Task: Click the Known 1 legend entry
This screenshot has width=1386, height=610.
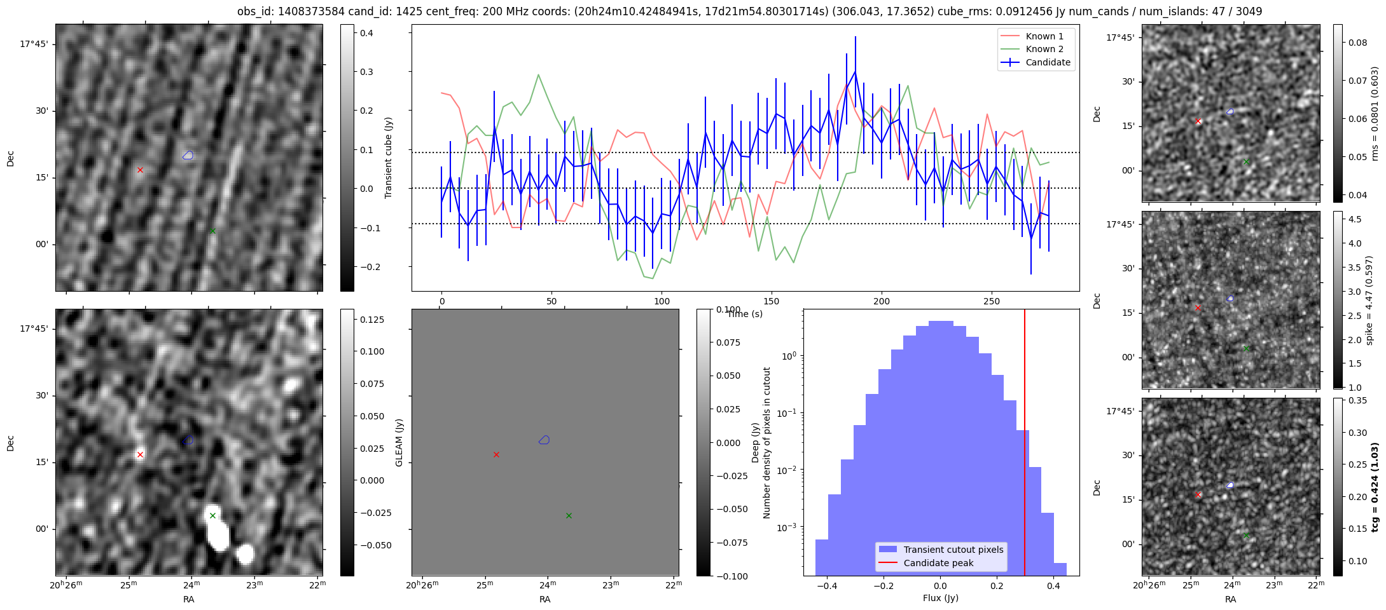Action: pos(1044,36)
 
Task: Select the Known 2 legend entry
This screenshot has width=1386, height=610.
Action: pos(1044,49)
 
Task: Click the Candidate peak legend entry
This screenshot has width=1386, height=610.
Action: pos(938,563)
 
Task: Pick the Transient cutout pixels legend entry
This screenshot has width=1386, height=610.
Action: pos(953,550)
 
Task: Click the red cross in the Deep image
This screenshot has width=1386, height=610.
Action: pos(140,454)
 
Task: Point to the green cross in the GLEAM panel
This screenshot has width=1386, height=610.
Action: pos(569,515)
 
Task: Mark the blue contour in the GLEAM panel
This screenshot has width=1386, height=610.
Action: pos(544,440)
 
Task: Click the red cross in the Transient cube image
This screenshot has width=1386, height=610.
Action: pos(140,170)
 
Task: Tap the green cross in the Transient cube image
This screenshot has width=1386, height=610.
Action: pos(212,231)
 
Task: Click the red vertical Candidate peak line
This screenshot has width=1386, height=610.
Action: pos(1025,445)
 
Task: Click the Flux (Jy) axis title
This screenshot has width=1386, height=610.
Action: pos(940,598)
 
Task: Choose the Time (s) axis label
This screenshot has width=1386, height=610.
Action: pos(745,314)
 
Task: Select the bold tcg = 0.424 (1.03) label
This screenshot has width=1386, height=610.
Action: pos(1375,487)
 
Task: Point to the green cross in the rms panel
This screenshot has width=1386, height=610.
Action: pos(1246,162)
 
